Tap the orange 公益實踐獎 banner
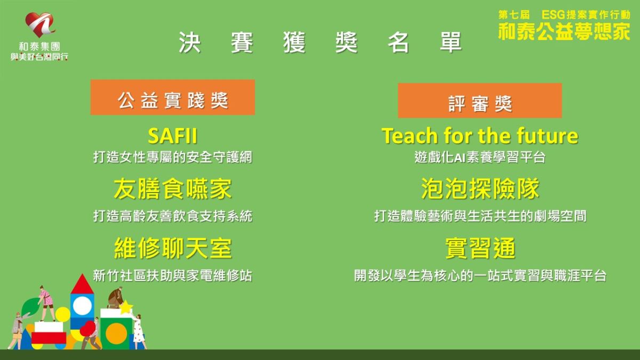pos(172,98)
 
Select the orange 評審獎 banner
pos(479,101)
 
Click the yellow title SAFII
pos(172,136)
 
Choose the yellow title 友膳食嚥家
pos(172,189)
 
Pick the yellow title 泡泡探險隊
pos(479,189)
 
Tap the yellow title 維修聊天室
pos(172,249)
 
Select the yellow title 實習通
pos(479,249)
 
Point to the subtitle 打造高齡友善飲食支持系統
pos(172,216)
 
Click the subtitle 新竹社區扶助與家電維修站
pos(172,275)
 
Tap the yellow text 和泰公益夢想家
pos(564,31)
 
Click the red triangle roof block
pos(82,285)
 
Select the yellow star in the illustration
pos(126,308)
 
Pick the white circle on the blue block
pos(82,306)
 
